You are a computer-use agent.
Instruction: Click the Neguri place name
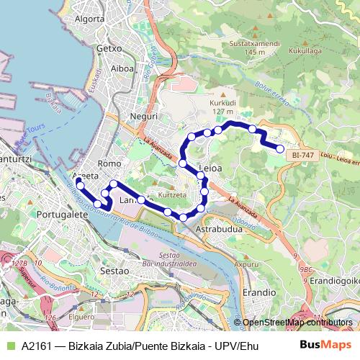point(135,116)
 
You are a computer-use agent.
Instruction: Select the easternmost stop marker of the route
point(280,148)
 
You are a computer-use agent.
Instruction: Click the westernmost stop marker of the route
point(80,186)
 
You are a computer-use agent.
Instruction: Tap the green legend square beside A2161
point(9,345)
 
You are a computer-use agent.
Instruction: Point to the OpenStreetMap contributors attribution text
point(297,323)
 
